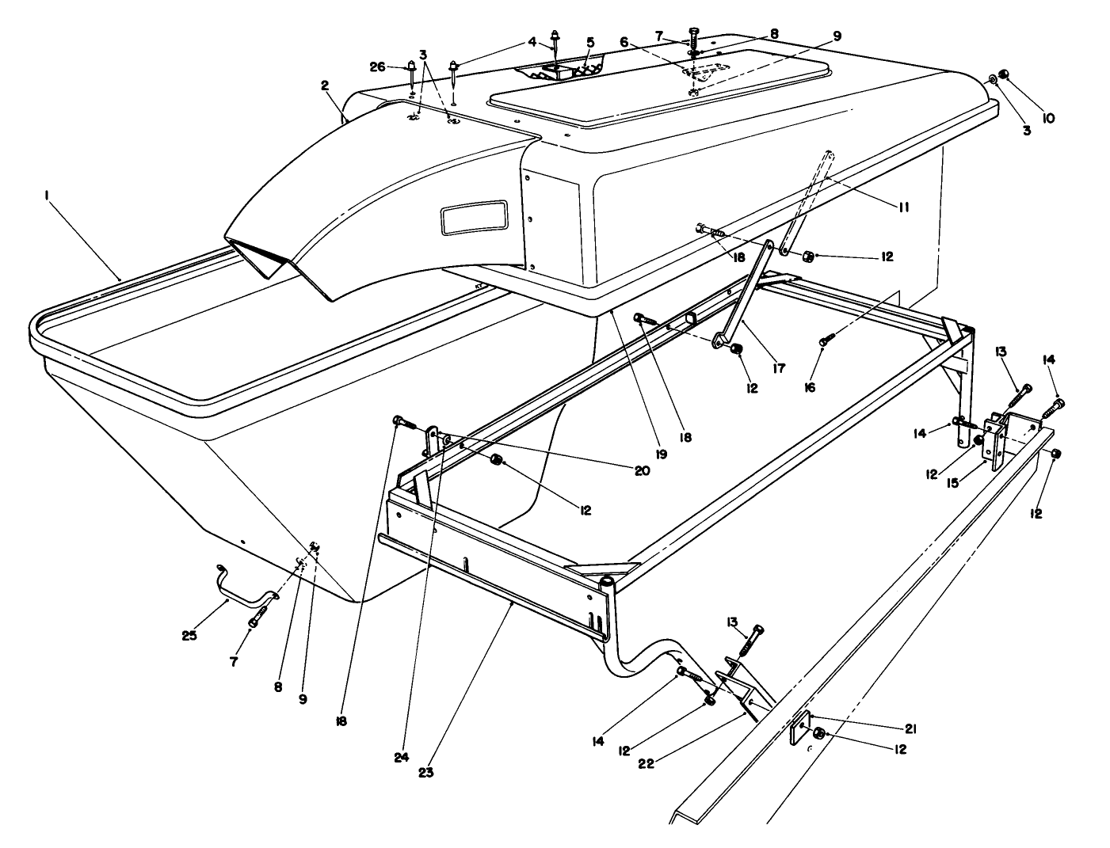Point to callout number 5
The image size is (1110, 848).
pyautogui.click(x=589, y=41)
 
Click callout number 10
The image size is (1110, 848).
pyautogui.click(x=1047, y=119)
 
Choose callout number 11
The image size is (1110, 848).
pyautogui.click(x=902, y=207)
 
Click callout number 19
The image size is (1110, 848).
pyautogui.click(x=661, y=454)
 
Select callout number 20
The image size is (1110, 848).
pyautogui.click(x=641, y=470)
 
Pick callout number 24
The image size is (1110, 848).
pyautogui.click(x=402, y=757)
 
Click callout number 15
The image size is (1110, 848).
pyautogui.click(x=953, y=482)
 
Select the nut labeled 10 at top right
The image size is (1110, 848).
pyautogui.click(x=1003, y=75)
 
